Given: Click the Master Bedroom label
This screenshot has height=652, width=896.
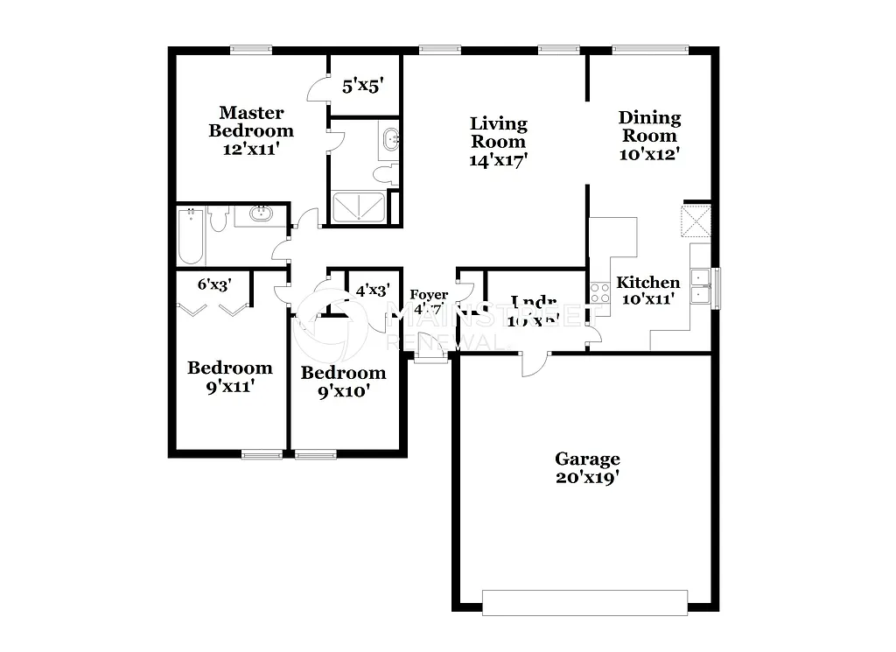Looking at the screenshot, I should (251, 122).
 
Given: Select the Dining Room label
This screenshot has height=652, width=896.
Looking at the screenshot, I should (649, 126).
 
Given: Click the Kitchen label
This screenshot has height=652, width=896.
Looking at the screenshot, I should (648, 283).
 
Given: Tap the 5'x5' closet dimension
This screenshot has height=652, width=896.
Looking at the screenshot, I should (362, 86).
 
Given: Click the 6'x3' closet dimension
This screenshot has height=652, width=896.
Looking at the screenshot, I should (213, 284).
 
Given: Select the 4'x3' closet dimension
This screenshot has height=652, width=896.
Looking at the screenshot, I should (371, 291).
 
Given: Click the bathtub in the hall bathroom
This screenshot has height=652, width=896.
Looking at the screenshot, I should (192, 235).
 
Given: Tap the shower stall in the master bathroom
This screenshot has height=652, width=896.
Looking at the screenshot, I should (358, 207).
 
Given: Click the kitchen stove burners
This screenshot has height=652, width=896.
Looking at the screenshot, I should (599, 292).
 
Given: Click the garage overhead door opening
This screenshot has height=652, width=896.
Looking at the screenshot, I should (584, 601).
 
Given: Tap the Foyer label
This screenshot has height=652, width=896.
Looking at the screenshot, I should (429, 296).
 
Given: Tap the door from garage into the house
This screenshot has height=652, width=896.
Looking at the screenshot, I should (534, 362).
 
